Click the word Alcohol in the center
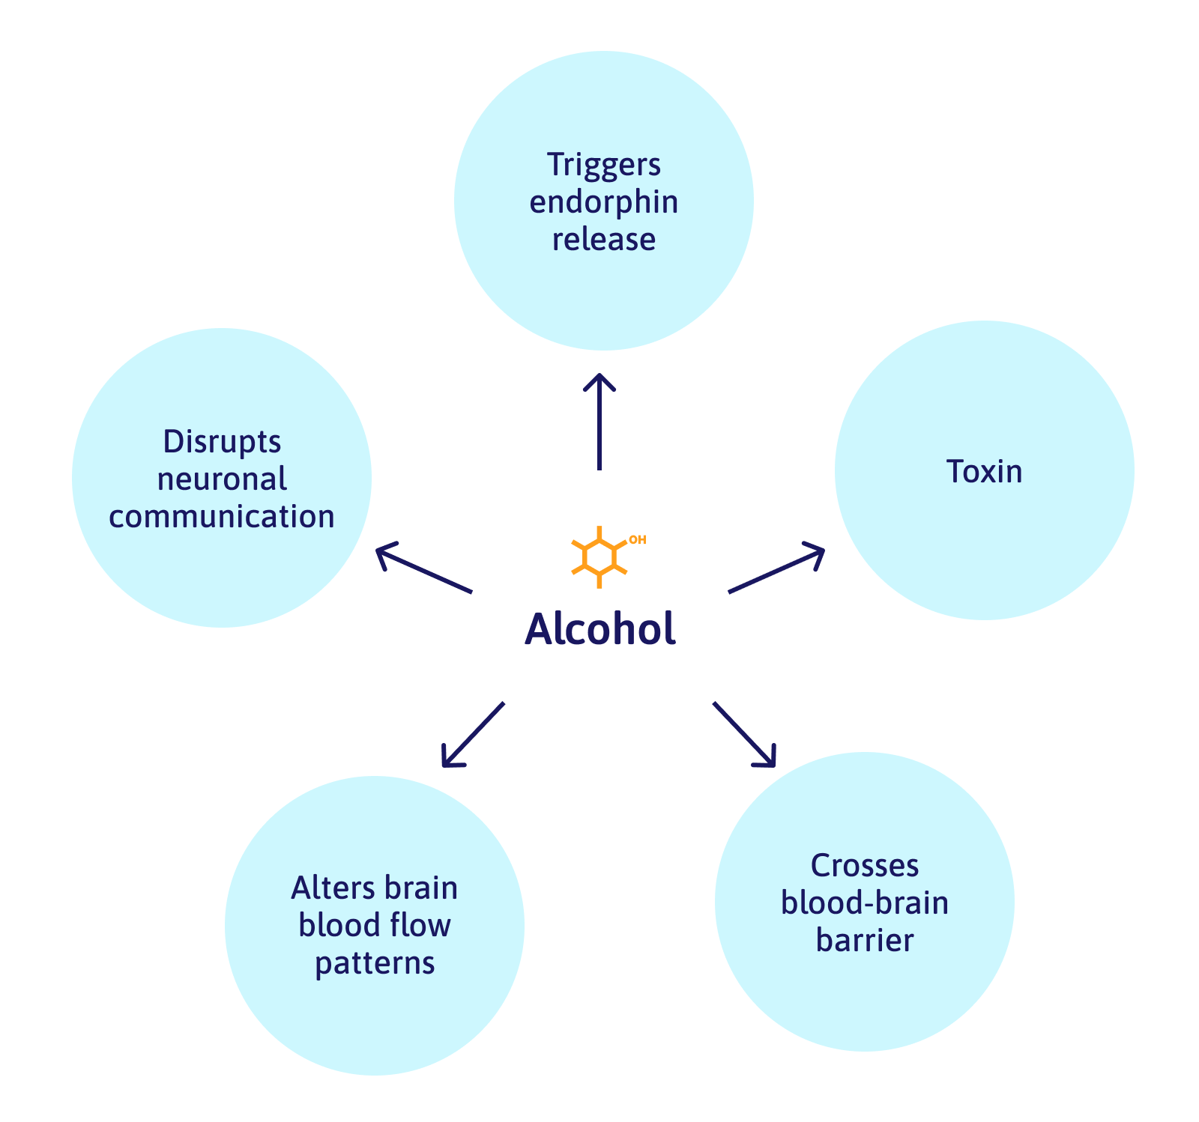[x=599, y=629]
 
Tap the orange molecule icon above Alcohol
[x=599, y=557]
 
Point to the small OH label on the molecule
[x=637, y=539]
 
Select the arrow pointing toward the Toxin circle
[x=777, y=569]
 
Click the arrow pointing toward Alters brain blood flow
[x=473, y=735]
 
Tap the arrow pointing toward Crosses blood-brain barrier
[x=744, y=735]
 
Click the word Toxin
[x=984, y=472]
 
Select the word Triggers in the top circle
[x=604, y=165]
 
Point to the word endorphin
[x=604, y=202]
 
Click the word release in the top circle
[x=604, y=240]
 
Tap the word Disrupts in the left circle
[x=222, y=442]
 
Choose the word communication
[x=222, y=517]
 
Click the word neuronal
[x=222, y=479]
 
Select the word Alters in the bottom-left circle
[x=330, y=888]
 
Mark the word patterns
[x=375, y=963]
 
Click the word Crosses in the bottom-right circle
[x=865, y=866]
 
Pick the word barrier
[x=865, y=941]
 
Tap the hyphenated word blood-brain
[x=865, y=903]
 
